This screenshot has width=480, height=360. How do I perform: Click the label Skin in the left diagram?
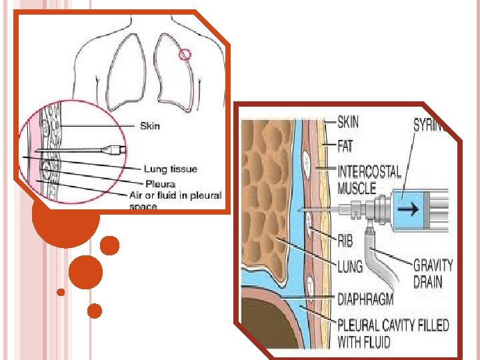[150, 125]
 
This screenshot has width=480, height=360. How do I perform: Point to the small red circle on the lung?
[185, 55]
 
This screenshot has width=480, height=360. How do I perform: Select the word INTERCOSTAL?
[369, 171]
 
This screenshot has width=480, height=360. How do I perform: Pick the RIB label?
[345, 239]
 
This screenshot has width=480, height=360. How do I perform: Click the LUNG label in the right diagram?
[350, 267]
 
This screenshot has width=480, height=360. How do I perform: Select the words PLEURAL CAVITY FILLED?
[393, 326]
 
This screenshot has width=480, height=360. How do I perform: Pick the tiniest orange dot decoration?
[61, 292]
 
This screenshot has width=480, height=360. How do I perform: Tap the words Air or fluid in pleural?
[175, 195]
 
